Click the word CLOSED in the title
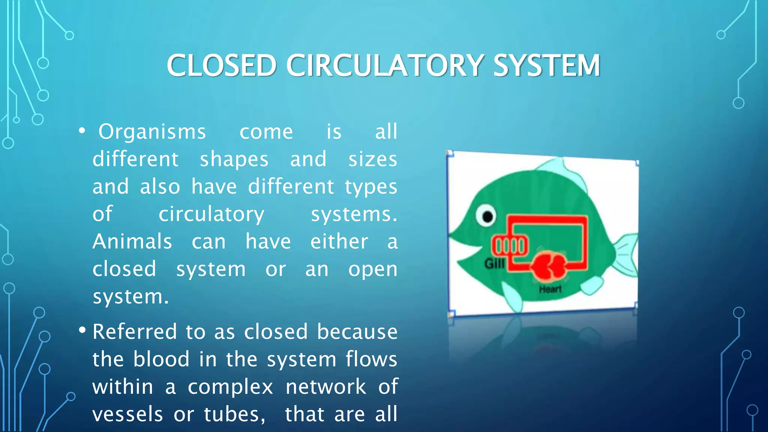point(221,66)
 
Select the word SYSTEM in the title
point(546,66)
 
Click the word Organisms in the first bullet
point(152,132)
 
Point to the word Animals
point(132,241)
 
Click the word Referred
point(135,332)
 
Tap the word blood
point(161,359)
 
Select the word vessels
point(127,414)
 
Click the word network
point(325,387)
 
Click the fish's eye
point(486,216)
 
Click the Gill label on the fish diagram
point(494,264)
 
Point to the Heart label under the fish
point(550,289)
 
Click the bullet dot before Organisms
point(82,132)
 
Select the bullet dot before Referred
point(82,331)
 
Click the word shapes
point(234,159)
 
